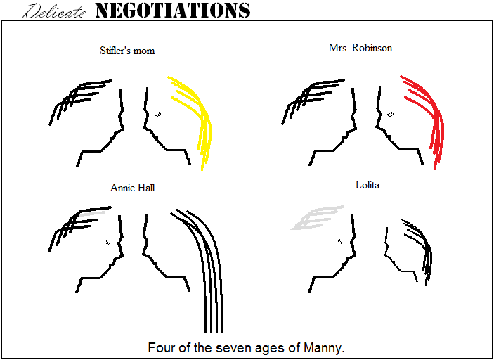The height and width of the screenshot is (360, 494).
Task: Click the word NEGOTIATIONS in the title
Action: [172, 10]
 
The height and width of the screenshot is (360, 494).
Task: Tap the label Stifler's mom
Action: [127, 51]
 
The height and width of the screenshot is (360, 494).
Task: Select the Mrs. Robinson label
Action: [360, 48]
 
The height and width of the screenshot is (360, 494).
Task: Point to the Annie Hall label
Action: [132, 188]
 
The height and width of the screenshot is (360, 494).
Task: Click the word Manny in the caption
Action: [322, 348]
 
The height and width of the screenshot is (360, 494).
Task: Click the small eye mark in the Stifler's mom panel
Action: [158, 113]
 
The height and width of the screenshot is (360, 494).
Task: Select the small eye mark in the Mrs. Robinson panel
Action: [391, 112]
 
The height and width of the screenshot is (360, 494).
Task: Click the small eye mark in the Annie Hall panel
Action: [108, 242]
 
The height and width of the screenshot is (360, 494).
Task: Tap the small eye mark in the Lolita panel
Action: [341, 241]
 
